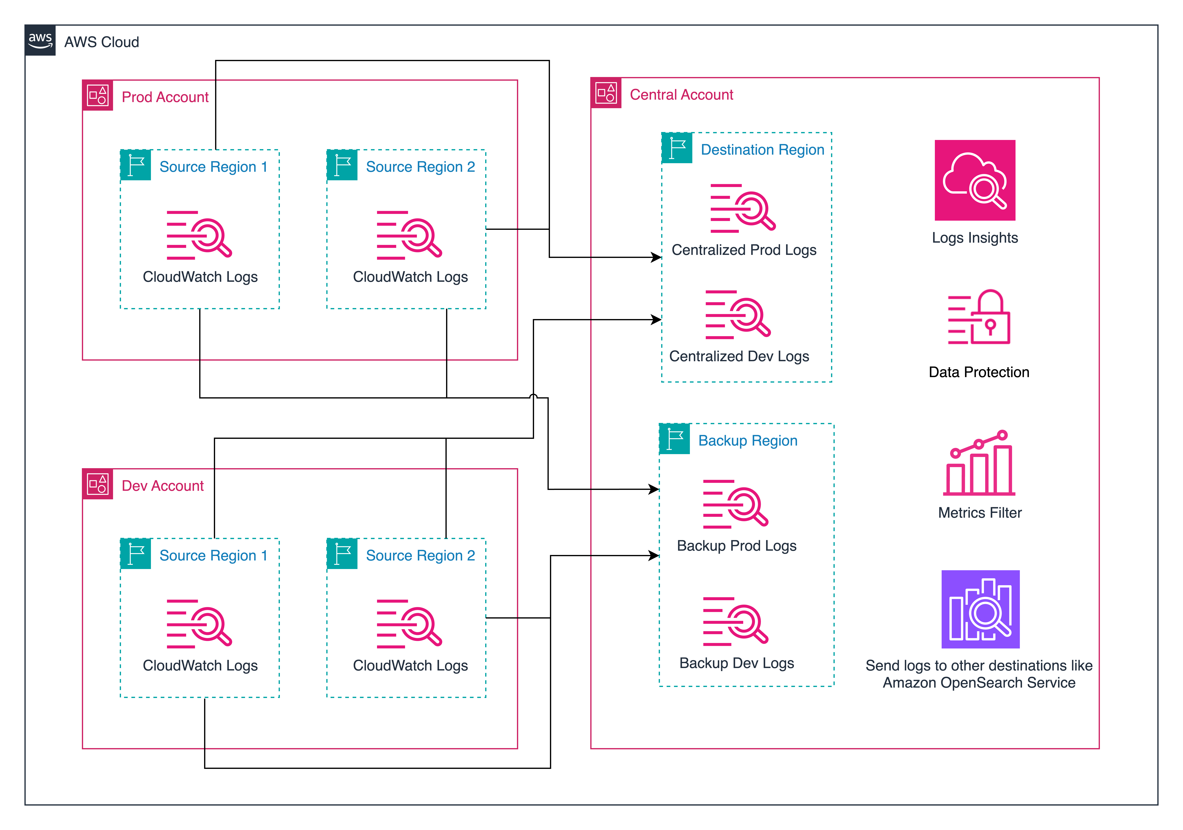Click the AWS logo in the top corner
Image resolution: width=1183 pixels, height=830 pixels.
(x=40, y=40)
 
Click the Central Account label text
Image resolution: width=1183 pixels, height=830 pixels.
(x=681, y=95)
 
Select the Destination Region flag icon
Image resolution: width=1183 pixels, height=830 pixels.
(x=677, y=148)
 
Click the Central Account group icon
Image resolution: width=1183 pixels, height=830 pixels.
(x=606, y=93)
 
